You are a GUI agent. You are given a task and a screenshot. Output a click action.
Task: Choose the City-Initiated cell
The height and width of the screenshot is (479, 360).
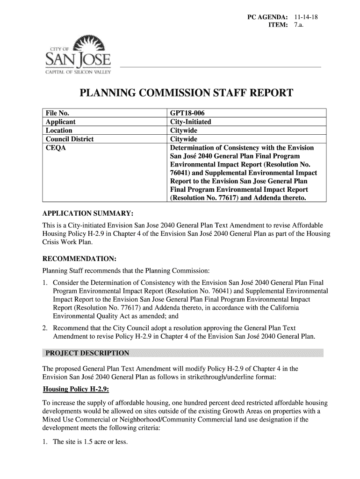(191, 122)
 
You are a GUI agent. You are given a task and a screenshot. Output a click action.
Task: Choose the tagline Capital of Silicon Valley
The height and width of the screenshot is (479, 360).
(78, 72)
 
